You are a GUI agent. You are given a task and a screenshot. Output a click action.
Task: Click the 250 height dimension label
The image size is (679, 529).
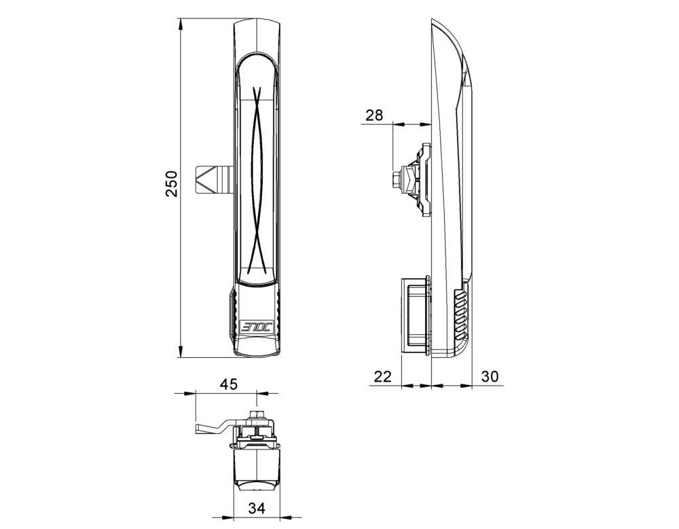point(172,184)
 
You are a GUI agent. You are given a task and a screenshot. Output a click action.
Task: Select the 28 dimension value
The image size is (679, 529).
point(374,115)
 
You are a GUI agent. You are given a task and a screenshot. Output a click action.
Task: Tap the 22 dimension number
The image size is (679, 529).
point(384,376)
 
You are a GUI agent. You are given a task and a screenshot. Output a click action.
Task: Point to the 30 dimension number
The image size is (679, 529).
point(490,376)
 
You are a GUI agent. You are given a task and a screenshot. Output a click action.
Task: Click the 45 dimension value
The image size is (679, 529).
point(229,384)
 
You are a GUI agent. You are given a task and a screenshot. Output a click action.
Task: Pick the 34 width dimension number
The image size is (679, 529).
point(255,508)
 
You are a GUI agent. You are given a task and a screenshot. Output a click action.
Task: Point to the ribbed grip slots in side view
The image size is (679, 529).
point(460,316)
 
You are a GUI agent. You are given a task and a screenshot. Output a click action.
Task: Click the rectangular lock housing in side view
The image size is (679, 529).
point(414,315)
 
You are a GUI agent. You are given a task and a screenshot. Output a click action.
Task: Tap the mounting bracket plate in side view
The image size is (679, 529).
point(425,180)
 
